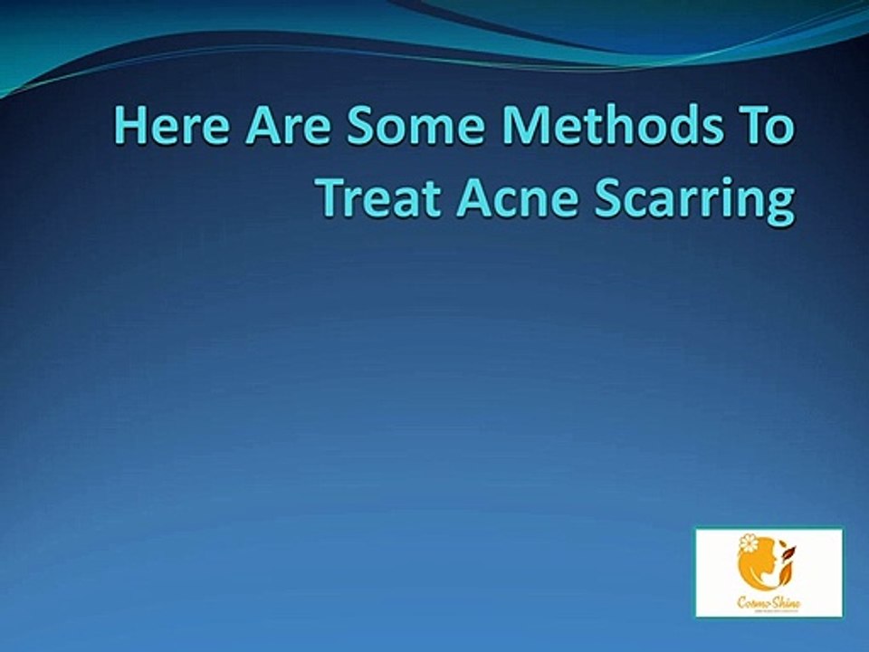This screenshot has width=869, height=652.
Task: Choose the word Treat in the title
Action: [380, 199]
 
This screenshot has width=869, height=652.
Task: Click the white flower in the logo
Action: [748, 543]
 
